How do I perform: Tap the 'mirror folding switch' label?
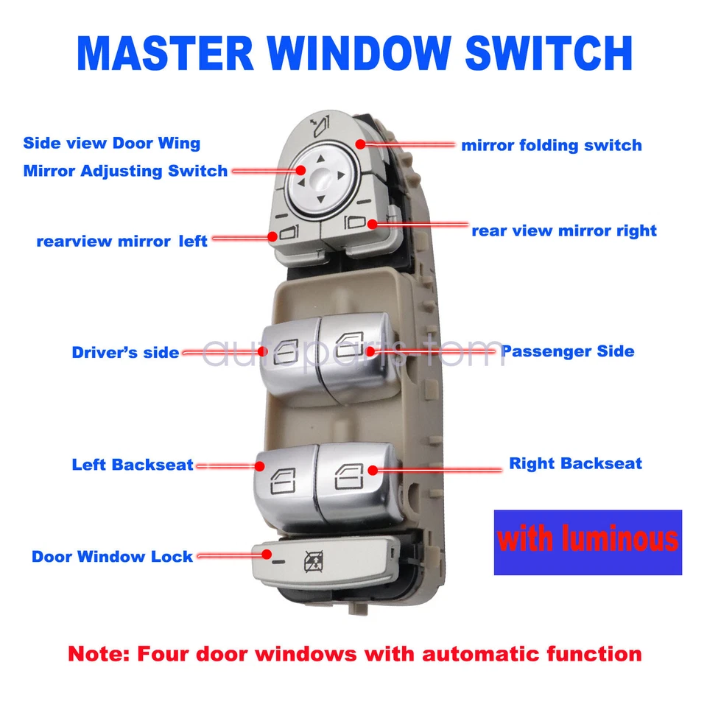tap(551, 146)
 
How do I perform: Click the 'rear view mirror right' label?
tap(563, 231)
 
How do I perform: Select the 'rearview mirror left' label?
tap(122, 242)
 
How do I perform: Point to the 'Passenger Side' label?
tap(567, 351)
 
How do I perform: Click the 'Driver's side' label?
tap(125, 353)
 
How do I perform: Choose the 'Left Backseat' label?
tap(133, 465)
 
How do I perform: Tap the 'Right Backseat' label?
tap(575, 464)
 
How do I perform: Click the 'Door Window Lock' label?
tap(112, 557)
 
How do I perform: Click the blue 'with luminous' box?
tap(587, 542)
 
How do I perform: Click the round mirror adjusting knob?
tap(321, 176)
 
